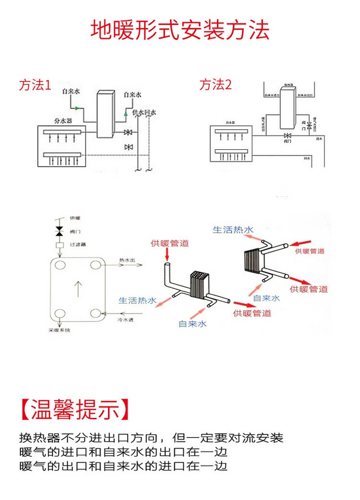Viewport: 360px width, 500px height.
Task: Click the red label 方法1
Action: pyautogui.click(x=35, y=85)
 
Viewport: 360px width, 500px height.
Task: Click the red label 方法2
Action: pyautogui.click(x=215, y=85)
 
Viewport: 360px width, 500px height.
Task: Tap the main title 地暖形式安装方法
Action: pyautogui.click(x=180, y=30)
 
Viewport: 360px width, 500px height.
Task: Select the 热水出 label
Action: pyautogui.click(x=127, y=260)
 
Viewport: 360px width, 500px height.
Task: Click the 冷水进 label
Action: pyautogui.click(x=125, y=319)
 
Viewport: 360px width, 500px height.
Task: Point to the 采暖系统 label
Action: pyautogui.click(x=59, y=330)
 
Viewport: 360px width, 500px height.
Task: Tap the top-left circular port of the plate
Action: pyautogui.click(x=60, y=265)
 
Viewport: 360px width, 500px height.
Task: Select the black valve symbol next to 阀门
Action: pyautogui.click(x=60, y=232)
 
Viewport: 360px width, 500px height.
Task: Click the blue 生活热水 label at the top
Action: pyautogui.click(x=232, y=230)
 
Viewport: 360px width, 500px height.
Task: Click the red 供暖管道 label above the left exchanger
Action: pyautogui.click(x=169, y=243)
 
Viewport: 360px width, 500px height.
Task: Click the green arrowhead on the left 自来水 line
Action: pyautogui.click(x=77, y=108)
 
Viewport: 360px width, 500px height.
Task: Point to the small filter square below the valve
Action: pyautogui.click(x=60, y=244)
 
